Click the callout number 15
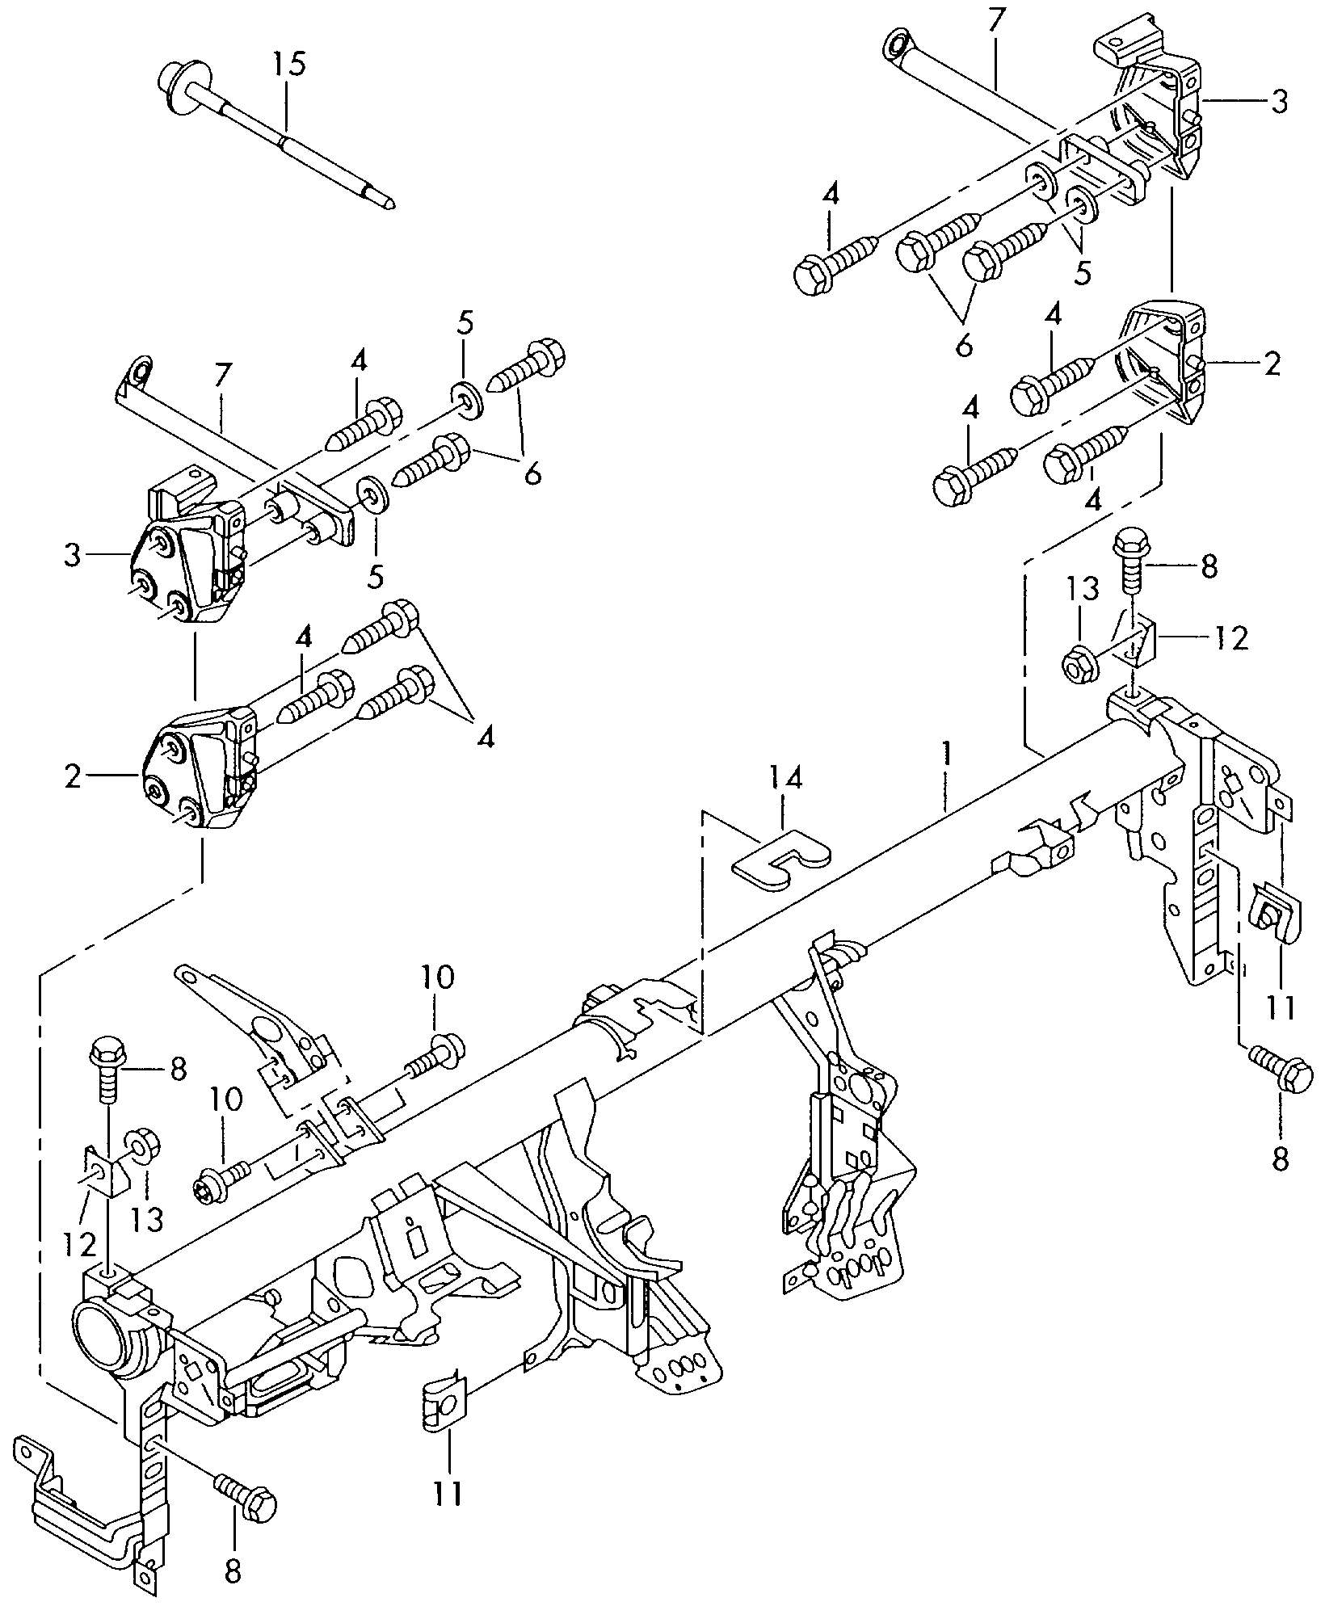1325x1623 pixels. (x=288, y=64)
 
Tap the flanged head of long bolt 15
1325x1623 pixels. (x=175, y=83)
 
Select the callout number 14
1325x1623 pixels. (x=786, y=778)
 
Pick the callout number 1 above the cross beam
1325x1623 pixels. (x=944, y=756)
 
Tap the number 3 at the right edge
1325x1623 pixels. (x=1278, y=103)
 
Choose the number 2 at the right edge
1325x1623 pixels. (x=1272, y=364)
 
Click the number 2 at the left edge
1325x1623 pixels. (x=73, y=777)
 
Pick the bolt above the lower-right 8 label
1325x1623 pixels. (x=1282, y=1070)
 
